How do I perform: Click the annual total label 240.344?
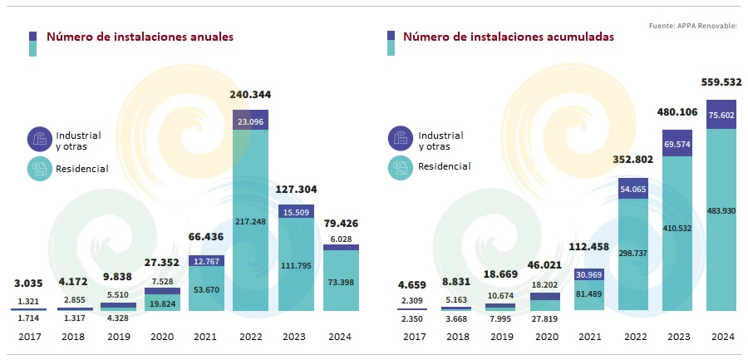[250, 95]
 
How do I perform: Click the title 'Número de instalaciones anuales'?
[140, 37]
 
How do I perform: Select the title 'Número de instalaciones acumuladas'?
[509, 37]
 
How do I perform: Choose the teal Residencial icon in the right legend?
[401, 166]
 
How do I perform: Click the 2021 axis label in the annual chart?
[207, 337]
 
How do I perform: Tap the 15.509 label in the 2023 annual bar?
[296, 213]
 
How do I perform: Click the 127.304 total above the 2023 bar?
[296, 190]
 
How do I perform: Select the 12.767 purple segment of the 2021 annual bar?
[207, 261]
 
